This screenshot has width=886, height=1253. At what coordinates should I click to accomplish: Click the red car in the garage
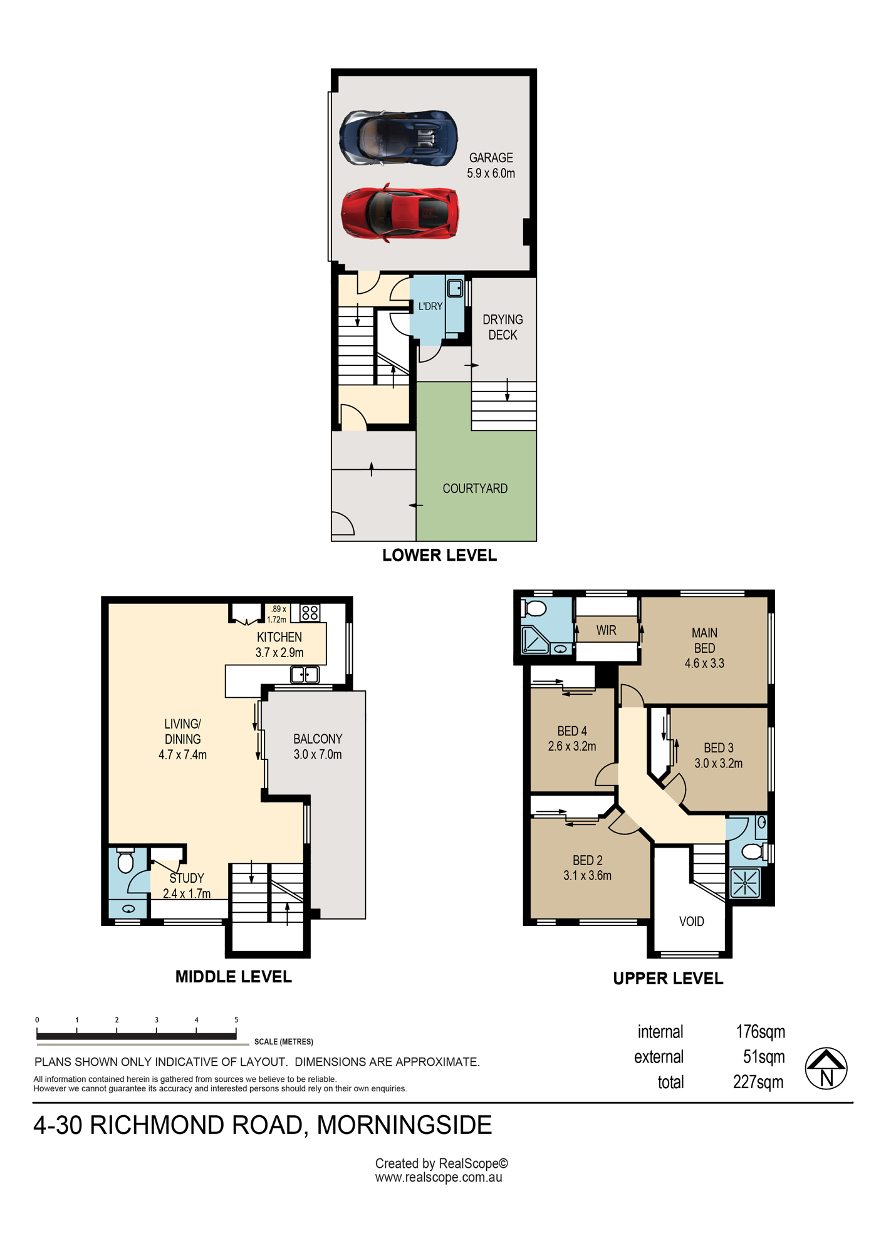pyautogui.click(x=400, y=213)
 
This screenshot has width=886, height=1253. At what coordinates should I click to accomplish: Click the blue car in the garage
pyautogui.click(x=399, y=138)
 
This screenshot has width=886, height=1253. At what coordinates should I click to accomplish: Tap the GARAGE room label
pyautogui.click(x=491, y=158)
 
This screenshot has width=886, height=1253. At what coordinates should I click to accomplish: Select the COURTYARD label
pyautogui.click(x=475, y=489)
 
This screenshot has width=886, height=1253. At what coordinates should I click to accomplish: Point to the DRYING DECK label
pyautogui.click(x=503, y=327)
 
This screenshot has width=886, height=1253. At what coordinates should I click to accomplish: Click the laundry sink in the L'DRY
pyautogui.click(x=455, y=288)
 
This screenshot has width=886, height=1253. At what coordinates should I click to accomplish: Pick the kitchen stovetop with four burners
pyautogui.click(x=310, y=613)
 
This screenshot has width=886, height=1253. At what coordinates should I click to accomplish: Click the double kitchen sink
pyautogui.click(x=305, y=675)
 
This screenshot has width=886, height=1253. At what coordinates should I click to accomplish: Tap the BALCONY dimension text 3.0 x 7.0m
pyautogui.click(x=318, y=754)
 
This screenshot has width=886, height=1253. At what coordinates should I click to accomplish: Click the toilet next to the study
pyautogui.click(x=126, y=861)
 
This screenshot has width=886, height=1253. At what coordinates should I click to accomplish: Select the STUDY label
pyautogui.click(x=187, y=878)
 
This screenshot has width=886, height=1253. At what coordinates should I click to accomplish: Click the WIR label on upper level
pyautogui.click(x=606, y=630)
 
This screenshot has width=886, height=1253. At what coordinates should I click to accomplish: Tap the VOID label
pyautogui.click(x=692, y=922)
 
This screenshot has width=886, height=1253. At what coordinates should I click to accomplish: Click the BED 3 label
pyautogui.click(x=719, y=748)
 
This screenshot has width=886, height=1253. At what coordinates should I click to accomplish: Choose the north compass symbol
pyautogui.click(x=826, y=1068)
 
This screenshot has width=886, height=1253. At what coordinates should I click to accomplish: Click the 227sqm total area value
pyautogui.click(x=759, y=1082)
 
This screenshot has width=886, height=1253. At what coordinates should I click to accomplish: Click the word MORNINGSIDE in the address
pyautogui.click(x=404, y=1126)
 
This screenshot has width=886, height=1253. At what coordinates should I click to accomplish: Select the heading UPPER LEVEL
pyautogui.click(x=668, y=979)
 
